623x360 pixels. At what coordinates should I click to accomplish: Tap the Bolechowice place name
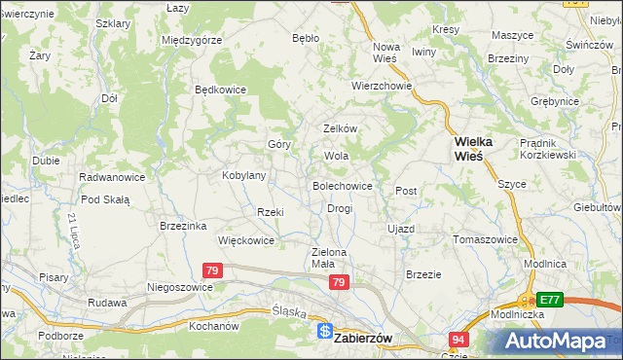click(342, 185)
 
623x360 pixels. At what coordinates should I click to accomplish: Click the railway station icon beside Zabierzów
click(324, 332)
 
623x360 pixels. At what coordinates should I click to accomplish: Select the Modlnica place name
click(544, 264)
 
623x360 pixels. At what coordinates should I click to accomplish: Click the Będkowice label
click(220, 90)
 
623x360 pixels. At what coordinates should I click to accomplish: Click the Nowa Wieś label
click(386, 53)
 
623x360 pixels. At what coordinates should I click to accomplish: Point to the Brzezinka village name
click(183, 225)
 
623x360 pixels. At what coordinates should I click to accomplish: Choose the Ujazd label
click(401, 229)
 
